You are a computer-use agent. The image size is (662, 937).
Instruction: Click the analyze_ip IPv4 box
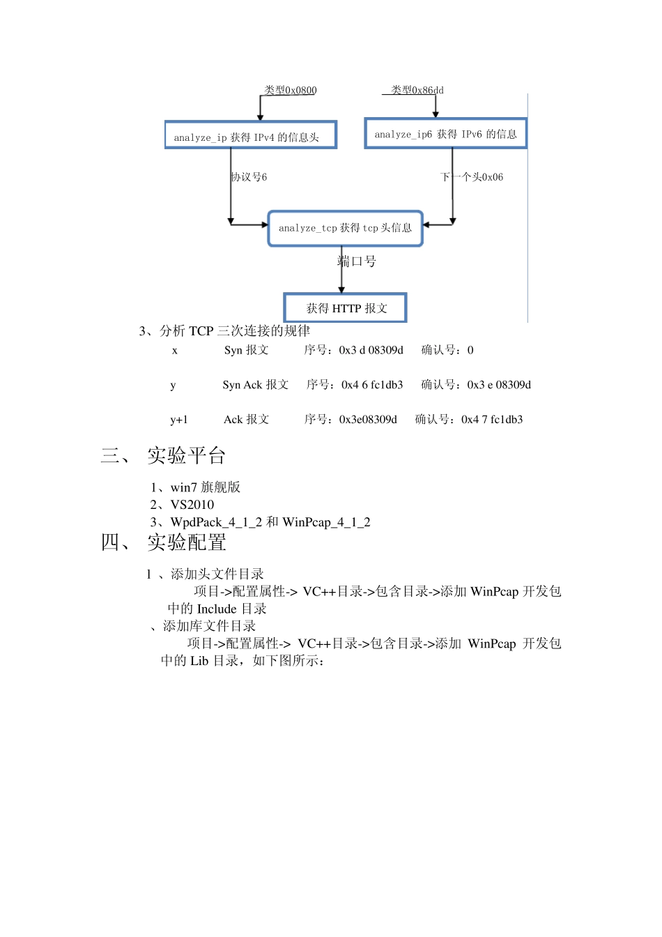point(250,135)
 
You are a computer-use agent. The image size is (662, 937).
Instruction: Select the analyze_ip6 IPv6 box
point(445,134)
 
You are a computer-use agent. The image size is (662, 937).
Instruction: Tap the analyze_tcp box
point(345,228)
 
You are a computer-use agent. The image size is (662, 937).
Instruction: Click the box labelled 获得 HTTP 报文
point(346,308)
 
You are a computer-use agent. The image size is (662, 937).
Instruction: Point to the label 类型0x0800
point(291,91)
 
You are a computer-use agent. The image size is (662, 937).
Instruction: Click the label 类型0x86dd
point(417,91)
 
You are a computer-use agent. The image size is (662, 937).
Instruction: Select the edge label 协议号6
point(249,177)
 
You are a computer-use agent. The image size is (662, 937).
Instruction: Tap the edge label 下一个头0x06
point(472,177)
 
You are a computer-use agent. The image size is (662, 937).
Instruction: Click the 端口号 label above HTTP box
point(357,261)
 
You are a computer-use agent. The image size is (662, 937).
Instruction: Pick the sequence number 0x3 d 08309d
point(371,350)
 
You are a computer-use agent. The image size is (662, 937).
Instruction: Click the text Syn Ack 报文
point(255,385)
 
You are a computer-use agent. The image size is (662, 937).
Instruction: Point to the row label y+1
point(179,420)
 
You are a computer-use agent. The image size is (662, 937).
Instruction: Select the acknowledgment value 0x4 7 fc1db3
point(491,420)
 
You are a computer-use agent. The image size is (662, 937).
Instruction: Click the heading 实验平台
point(186,456)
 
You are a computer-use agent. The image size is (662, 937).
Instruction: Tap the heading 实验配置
point(186,542)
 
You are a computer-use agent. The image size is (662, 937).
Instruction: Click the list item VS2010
point(192,505)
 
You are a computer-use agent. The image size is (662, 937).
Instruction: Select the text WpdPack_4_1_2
point(216,522)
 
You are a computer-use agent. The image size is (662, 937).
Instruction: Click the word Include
point(217,609)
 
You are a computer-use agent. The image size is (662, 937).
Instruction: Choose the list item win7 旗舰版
point(205,487)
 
